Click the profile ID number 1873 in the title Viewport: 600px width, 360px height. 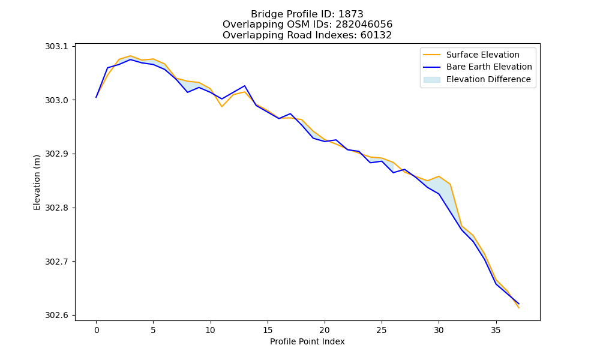click(x=350, y=14)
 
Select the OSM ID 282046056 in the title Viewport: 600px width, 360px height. click(x=364, y=25)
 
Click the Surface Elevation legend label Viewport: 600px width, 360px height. click(x=482, y=55)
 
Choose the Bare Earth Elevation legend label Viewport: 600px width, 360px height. click(x=489, y=67)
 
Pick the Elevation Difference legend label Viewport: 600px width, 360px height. click(x=488, y=79)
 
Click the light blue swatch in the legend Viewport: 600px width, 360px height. click(x=431, y=80)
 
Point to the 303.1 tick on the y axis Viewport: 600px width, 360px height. click(x=56, y=46)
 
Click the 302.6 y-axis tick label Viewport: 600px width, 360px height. click(x=56, y=315)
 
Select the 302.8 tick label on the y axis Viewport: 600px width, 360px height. click(x=56, y=208)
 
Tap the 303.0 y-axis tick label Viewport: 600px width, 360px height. click(x=56, y=100)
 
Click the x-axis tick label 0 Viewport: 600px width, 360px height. click(x=96, y=330)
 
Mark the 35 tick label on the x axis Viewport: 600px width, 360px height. click(x=496, y=330)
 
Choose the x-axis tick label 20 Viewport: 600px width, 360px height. click(x=325, y=330)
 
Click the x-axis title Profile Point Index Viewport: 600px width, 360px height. click(x=307, y=341)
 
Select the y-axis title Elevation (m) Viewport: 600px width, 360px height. click(x=37, y=182)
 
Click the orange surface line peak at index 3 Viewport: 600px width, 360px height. click(x=130, y=56)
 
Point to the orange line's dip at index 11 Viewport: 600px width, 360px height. click(x=222, y=106)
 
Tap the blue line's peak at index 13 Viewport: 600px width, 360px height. click(x=245, y=86)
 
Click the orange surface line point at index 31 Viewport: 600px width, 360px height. click(x=450, y=184)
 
